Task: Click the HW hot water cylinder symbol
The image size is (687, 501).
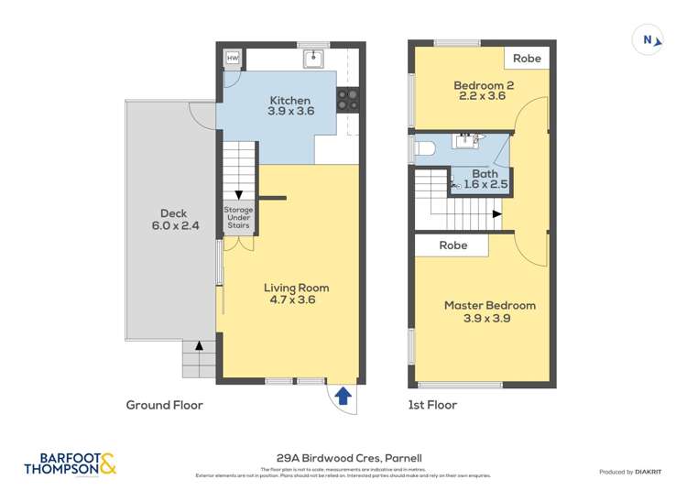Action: [x=232, y=59]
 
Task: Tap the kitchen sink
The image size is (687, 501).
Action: [x=314, y=60]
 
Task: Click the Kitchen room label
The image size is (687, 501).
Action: [x=289, y=101]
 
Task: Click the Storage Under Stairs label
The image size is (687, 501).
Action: [x=238, y=217]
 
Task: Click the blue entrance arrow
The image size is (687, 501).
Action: [x=343, y=396]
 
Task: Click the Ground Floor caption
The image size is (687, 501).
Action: [x=164, y=405]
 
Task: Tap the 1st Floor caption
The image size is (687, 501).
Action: [x=432, y=405]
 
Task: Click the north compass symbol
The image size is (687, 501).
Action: [x=649, y=40]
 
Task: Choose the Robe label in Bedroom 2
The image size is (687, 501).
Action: [x=527, y=59]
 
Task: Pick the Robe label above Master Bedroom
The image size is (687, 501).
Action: [x=453, y=245]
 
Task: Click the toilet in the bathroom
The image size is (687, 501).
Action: [x=426, y=147]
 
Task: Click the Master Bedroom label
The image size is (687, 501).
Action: [x=489, y=306]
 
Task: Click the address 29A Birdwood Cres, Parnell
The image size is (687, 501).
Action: [x=348, y=458]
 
